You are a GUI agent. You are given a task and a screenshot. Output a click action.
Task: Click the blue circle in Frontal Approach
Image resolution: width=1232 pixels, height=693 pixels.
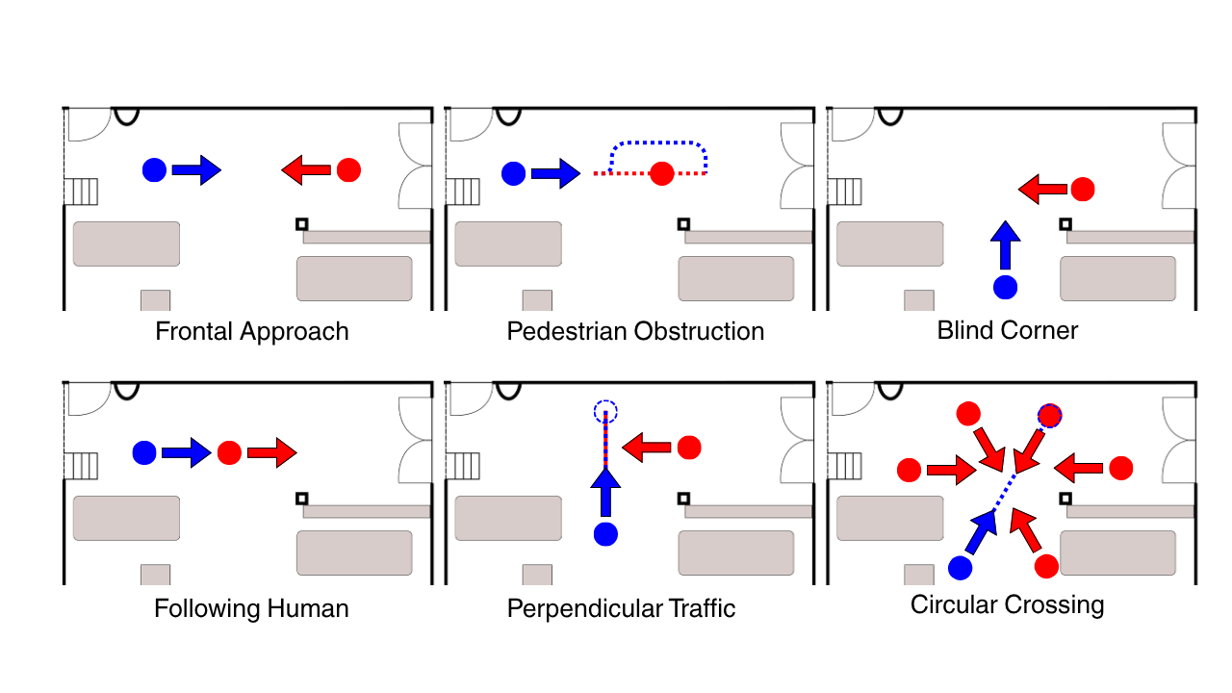coord(154,170)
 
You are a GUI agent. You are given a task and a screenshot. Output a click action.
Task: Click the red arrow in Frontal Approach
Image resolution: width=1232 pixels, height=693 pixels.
coord(306,170)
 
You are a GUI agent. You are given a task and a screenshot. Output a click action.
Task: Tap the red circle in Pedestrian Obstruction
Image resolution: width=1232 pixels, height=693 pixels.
coord(661,173)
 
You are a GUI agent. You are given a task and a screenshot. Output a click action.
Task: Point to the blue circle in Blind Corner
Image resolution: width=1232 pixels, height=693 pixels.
coord(1005,287)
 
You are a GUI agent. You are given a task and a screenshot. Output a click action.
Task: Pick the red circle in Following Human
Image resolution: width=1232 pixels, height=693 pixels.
coord(229,452)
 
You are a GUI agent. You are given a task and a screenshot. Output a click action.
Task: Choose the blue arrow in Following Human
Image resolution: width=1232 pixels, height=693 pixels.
coord(186,452)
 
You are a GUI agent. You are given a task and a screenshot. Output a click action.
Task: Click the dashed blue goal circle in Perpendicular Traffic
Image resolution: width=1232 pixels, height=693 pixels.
coord(604,412)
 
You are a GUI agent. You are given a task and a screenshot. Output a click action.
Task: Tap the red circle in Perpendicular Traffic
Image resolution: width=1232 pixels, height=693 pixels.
coord(689,448)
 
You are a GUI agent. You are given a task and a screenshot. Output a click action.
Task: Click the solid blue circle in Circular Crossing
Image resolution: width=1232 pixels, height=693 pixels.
coord(960,568)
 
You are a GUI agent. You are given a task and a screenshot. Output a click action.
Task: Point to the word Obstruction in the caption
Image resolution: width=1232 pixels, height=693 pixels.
coord(700,332)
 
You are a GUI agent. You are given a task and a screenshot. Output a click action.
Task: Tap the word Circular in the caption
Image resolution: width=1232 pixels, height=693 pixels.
coord(955,605)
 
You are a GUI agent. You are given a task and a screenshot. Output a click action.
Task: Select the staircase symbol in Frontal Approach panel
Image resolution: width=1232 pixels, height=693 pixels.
coord(82,192)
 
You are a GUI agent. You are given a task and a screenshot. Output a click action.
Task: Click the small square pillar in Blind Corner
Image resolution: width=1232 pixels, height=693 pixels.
coord(1065,223)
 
